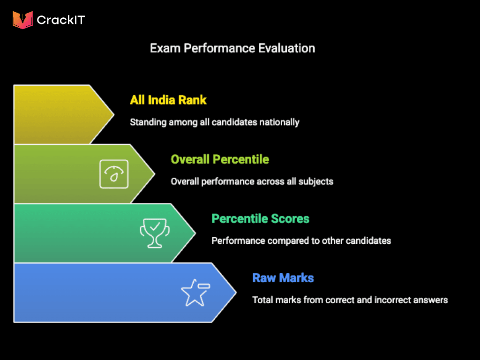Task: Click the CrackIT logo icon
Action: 22,20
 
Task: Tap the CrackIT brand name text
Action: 60,20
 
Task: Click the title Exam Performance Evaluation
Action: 232,48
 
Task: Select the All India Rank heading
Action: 168,100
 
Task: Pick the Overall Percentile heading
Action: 220,159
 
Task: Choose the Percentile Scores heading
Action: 260,218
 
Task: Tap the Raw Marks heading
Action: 283,278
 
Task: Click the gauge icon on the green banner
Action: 113,174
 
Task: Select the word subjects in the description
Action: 317,181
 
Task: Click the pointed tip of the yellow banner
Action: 113,114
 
